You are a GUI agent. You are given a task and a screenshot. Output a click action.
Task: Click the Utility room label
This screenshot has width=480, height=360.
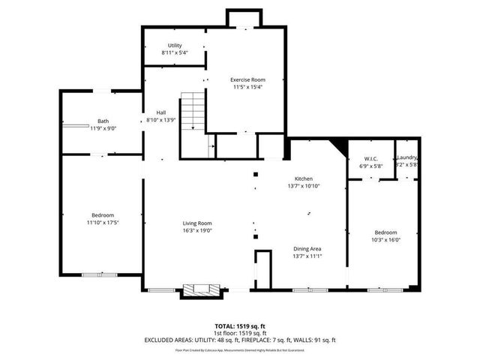[x=174, y=46]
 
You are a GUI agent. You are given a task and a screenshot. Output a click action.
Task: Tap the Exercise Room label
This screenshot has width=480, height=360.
[x=247, y=79]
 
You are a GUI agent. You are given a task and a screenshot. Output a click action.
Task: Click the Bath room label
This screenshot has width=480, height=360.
[x=102, y=121]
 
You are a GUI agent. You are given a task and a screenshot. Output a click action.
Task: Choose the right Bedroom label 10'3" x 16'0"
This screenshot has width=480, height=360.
[x=385, y=232]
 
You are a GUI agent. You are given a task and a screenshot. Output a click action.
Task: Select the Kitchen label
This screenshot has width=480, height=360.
[x=304, y=178]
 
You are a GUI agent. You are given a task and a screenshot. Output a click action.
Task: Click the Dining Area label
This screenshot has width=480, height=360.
[x=307, y=249]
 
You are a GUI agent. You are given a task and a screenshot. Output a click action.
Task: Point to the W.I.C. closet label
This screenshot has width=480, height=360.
[x=370, y=158]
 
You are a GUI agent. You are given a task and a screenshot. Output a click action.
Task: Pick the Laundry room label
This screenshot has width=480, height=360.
[x=407, y=157]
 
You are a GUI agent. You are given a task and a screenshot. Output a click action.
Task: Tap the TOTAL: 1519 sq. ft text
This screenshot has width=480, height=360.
[x=239, y=325]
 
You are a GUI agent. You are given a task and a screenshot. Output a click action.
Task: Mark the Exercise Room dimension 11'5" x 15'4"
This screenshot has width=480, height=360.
[x=247, y=87]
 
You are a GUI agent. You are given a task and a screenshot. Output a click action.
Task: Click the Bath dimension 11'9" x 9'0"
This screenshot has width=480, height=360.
[x=102, y=128]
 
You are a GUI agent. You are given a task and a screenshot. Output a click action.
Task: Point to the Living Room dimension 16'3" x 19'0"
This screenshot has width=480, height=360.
[x=198, y=230]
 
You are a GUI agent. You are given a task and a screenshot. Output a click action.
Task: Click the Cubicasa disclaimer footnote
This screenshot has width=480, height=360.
[x=239, y=349]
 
